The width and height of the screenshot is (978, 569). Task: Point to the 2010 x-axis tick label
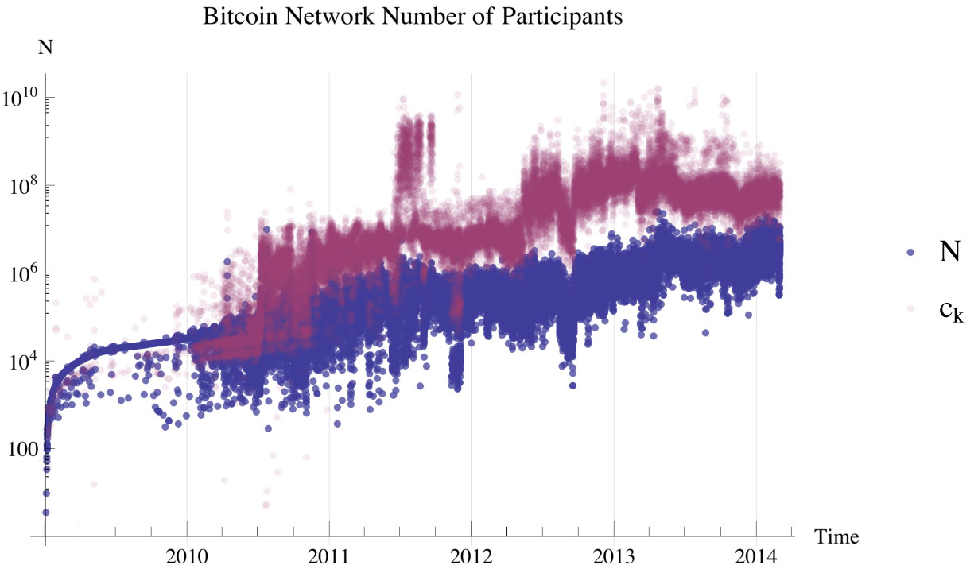[x=187, y=552]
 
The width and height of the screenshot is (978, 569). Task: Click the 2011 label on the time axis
[x=329, y=552]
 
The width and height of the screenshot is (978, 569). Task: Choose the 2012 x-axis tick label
[x=472, y=552]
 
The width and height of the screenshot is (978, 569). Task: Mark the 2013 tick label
[x=614, y=552]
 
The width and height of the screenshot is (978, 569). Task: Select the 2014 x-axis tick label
[x=756, y=552]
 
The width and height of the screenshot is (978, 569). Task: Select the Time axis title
[x=836, y=537]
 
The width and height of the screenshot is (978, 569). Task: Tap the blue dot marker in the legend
[x=911, y=252]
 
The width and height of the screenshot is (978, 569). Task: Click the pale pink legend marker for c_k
[x=911, y=308]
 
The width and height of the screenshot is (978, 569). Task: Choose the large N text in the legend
[x=949, y=252]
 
